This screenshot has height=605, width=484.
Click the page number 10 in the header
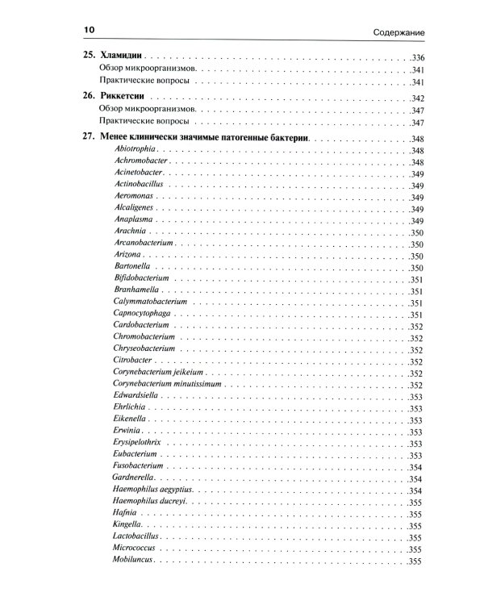click(x=89, y=31)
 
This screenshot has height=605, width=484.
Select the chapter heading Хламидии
click(x=122, y=57)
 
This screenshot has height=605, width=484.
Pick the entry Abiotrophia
click(x=136, y=151)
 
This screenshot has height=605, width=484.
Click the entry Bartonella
click(x=133, y=267)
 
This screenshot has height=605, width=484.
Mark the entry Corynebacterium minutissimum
click(x=168, y=385)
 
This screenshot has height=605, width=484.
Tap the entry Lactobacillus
click(x=138, y=536)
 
